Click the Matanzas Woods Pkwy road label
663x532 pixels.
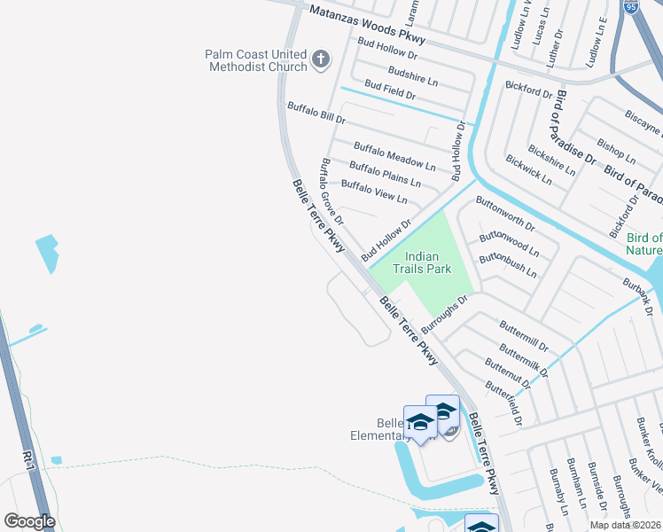click(x=367, y=25)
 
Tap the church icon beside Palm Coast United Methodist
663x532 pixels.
click(x=321, y=61)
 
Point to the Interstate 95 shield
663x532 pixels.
click(x=630, y=7)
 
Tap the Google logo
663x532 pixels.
click(x=29, y=521)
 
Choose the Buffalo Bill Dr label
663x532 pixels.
click(x=316, y=112)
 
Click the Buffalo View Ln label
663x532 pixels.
click(x=374, y=192)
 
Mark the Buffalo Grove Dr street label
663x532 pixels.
click(x=331, y=191)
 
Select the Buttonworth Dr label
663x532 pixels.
click(x=505, y=214)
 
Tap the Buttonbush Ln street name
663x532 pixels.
click(x=508, y=265)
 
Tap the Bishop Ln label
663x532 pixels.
click(x=616, y=151)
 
